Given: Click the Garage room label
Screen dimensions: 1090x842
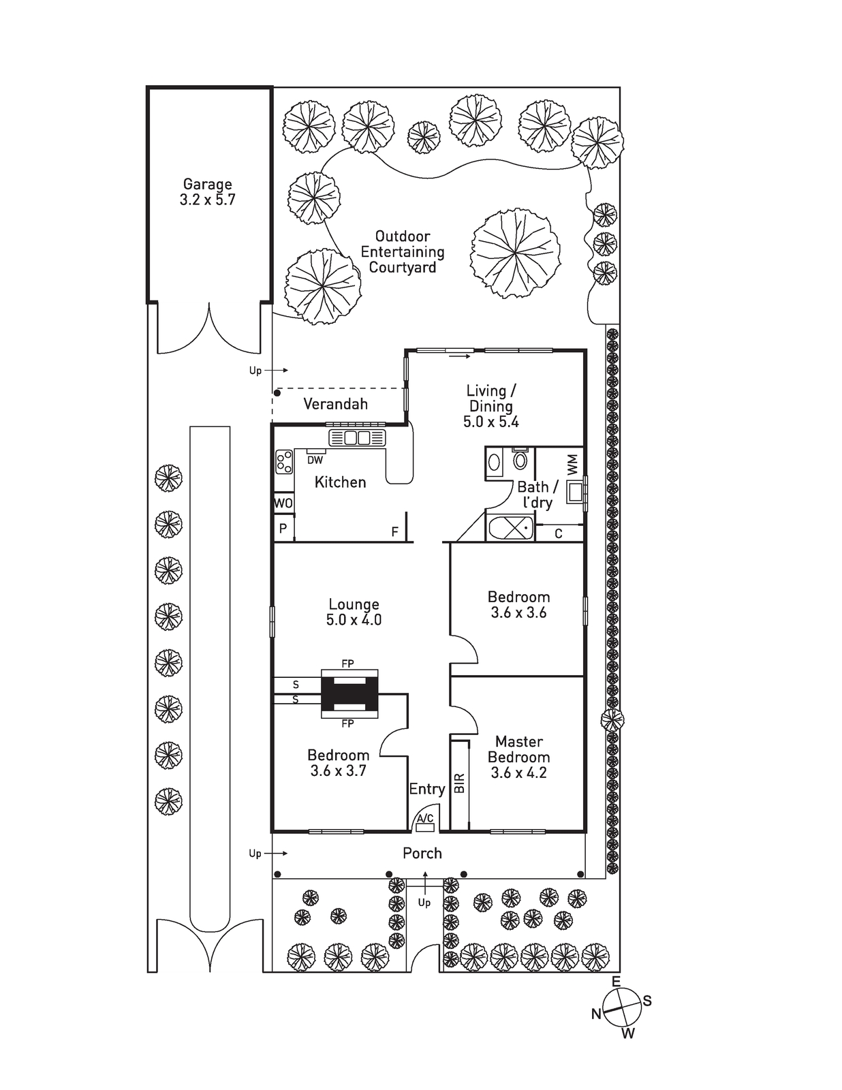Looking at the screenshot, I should pyautogui.click(x=207, y=184).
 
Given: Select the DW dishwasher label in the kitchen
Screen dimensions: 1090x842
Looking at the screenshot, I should pyautogui.click(x=315, y=461).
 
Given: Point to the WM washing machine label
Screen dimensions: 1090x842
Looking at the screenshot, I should pyautogui.click(x=572, y=465).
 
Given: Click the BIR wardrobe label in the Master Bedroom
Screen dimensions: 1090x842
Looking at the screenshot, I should pyautogui.click(x=460, y=783).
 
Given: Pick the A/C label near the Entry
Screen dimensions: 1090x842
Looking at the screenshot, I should pyautogui.click(x=425, y=818).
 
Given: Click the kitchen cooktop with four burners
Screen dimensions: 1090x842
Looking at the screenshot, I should pyautogui.click(x=283, y=462).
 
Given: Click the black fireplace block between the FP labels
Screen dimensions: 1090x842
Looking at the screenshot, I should pyautogui.click(x=349, y=694).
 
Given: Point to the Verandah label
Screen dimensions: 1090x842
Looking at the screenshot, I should pyautogui.click(x=335, y=404).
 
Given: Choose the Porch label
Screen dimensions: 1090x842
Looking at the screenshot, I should pyautogui.click(x=422, y=853).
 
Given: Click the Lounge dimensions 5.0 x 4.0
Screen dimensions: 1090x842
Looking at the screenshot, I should pyautogui.click(x=354, y=620).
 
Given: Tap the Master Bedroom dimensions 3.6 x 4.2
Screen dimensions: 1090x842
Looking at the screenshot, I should pyautogui.click(x=518, y=773).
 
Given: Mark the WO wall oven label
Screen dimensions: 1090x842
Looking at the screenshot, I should pyautogui.click(x=283, y=503).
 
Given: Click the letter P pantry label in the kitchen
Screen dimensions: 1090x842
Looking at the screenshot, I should pyautogui.click(x=283, y=528).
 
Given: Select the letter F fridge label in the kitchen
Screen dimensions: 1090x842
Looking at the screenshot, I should pyautogui.click(x=394, y=532).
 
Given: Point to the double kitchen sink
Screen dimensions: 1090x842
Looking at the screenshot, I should pyautogui.click(x=357, y=437).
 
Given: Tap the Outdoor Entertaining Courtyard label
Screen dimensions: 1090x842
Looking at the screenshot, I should pyautogui.click(x=402, y=252).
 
